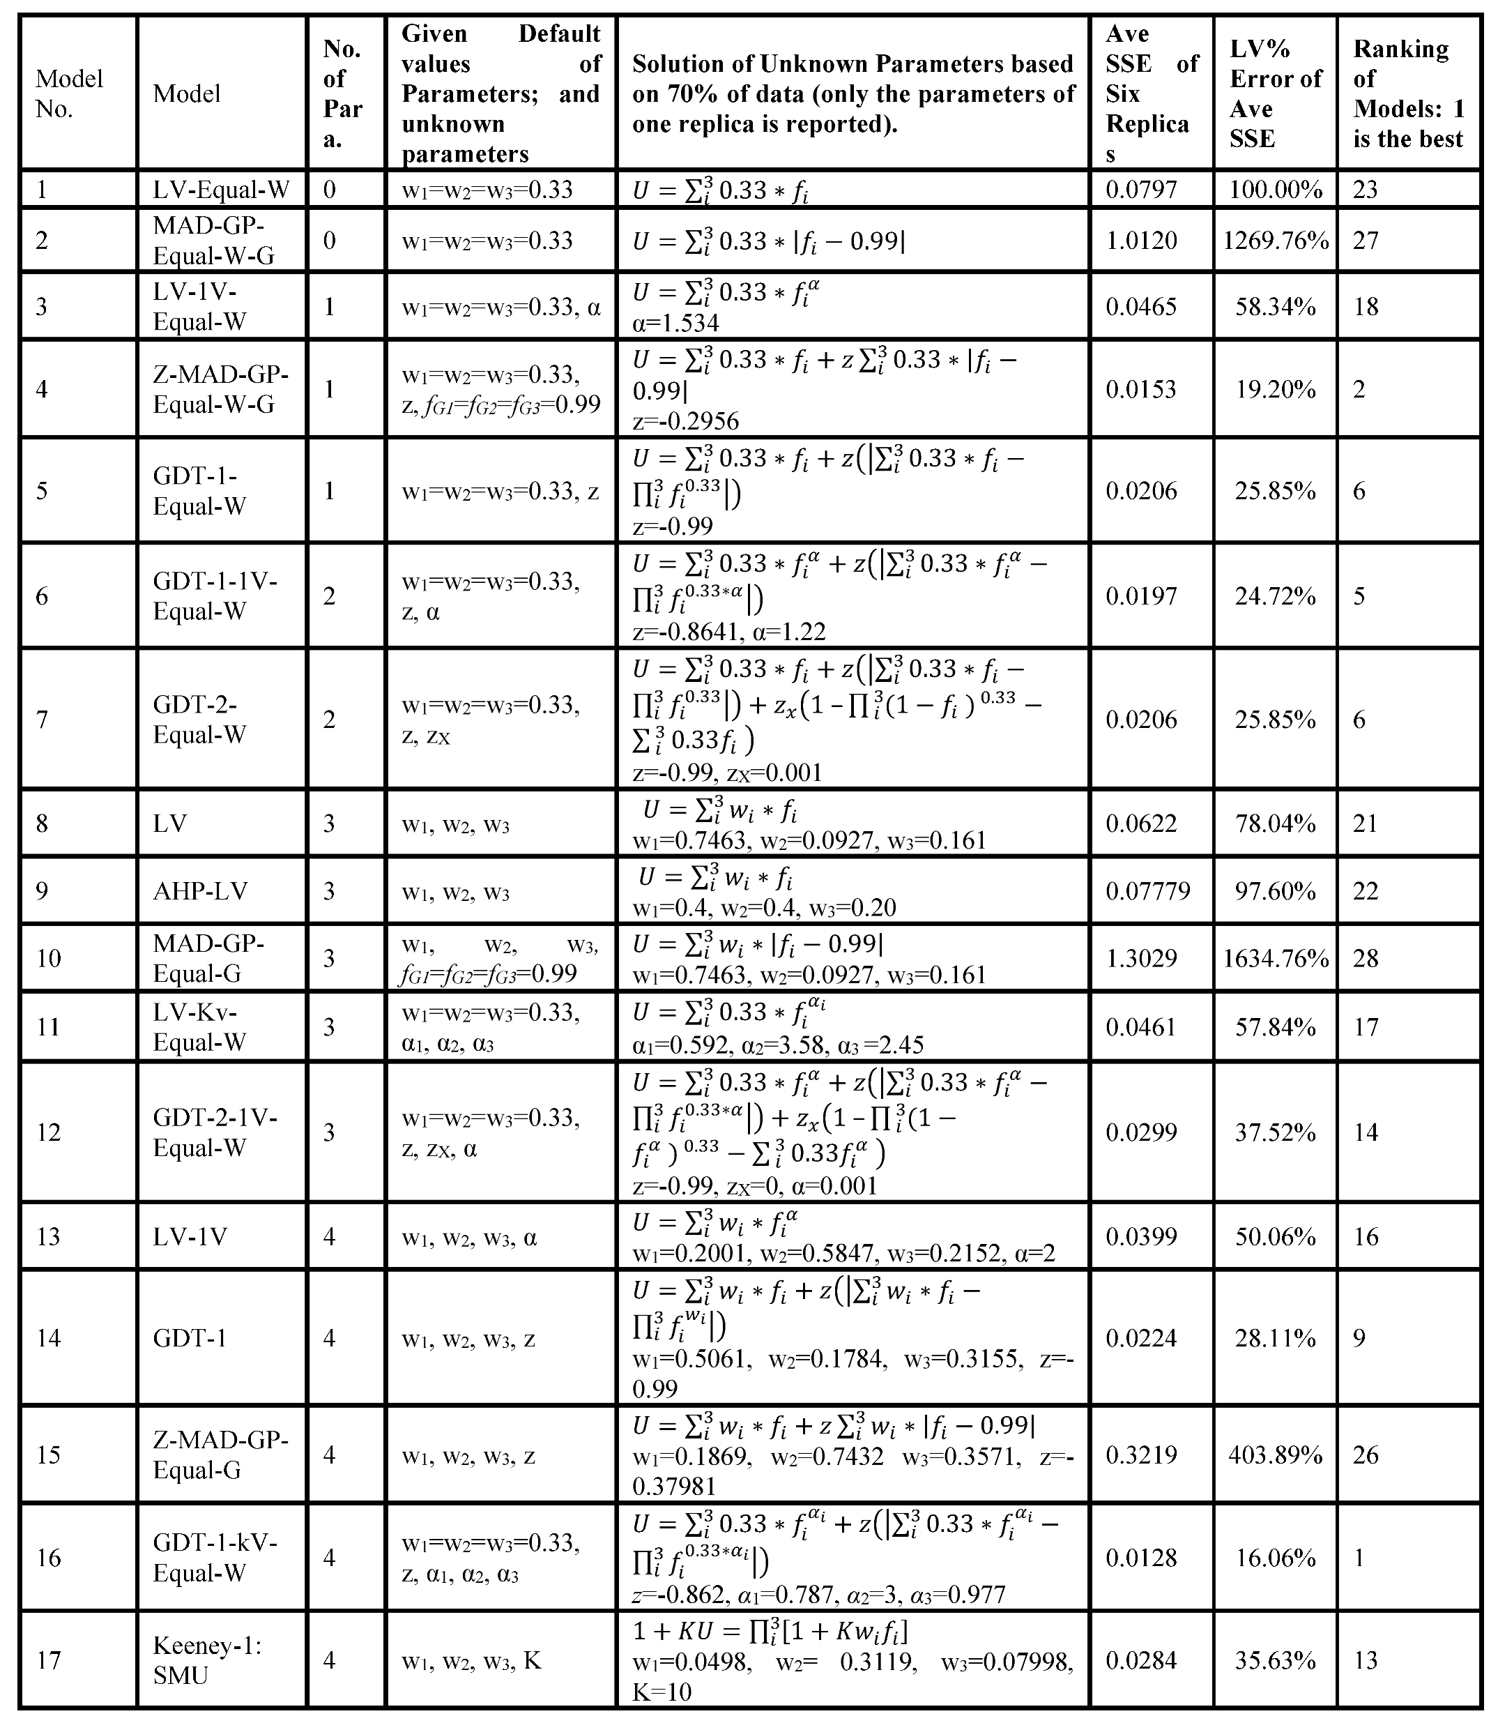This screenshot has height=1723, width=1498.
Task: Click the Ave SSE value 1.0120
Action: tap(1141, 241)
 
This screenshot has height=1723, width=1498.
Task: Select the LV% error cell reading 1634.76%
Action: tap(1276, 958)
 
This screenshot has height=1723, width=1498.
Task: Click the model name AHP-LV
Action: tap(201, 891)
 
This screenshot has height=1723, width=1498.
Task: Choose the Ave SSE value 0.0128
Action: tap(1141, 1558)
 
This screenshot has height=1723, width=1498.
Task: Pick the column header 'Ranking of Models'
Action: tap(1409, 93)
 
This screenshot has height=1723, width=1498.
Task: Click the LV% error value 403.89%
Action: tap(1276, 1455)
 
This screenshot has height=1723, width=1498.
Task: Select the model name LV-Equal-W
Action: tap(222, 190)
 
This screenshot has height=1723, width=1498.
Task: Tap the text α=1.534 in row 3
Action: tap(676, 323)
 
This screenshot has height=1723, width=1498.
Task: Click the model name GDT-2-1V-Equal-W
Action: tap(215, 1133)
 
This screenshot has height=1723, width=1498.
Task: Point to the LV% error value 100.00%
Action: tap(1276, 190)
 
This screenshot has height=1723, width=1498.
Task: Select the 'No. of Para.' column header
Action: tap(343, 93)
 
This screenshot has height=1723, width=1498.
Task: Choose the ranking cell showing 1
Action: tap(1359, 1558)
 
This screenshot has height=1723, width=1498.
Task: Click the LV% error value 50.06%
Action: tap(1276, 1236)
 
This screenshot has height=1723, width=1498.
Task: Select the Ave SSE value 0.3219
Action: tap(1141, 1455)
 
